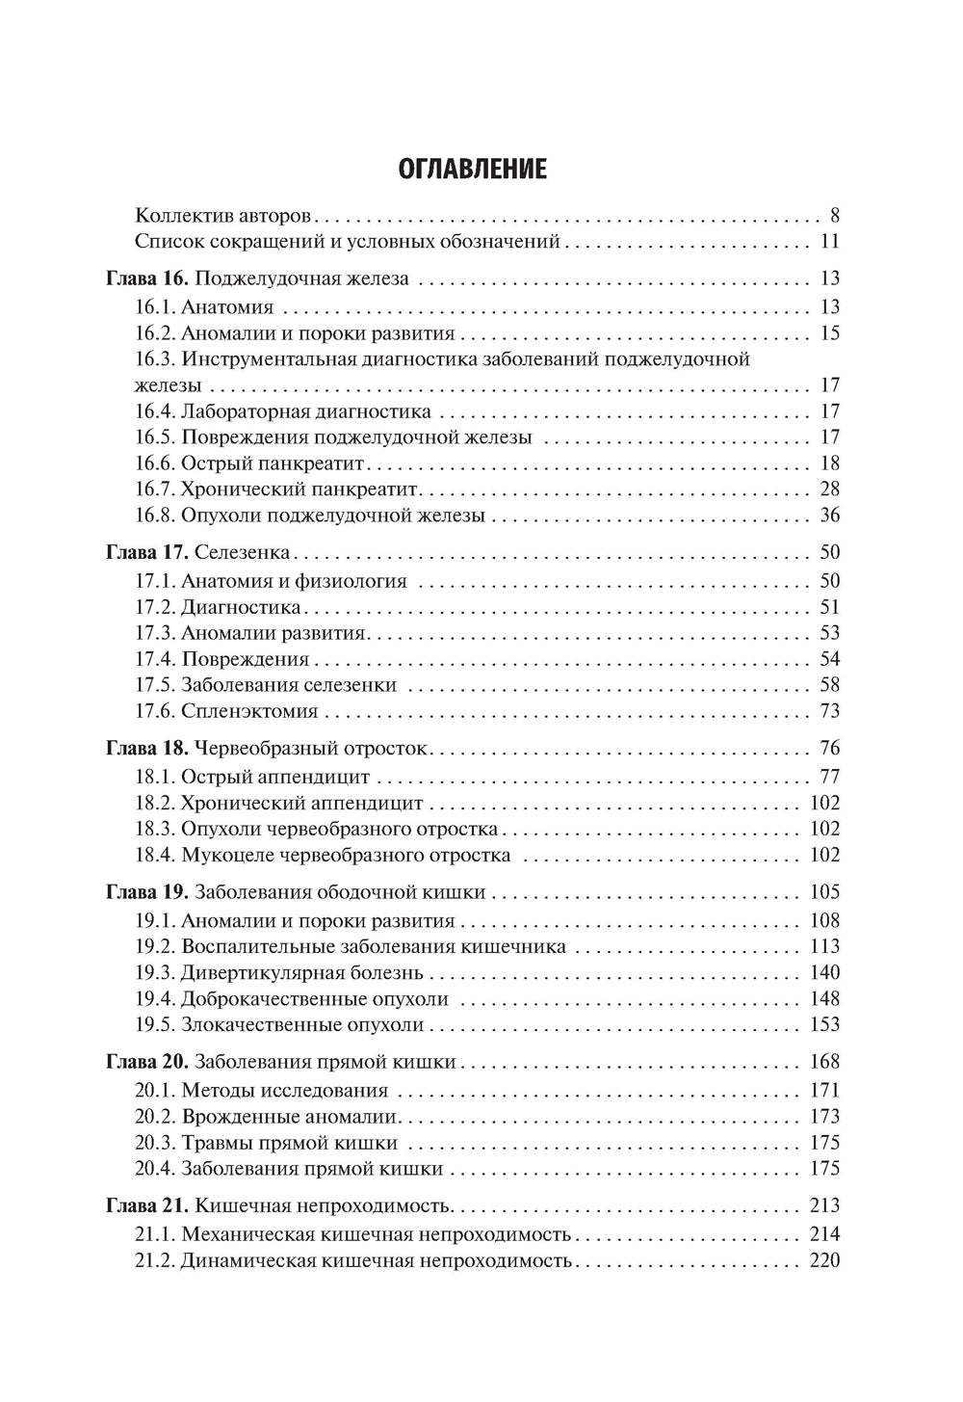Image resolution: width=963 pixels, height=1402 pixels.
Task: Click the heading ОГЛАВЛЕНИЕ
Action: pos(472,170)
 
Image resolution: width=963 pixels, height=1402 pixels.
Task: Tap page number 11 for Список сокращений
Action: pos(829,241)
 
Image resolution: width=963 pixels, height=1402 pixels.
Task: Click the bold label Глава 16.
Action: pos(146,278)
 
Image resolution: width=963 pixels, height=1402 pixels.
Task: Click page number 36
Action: pos(829,515)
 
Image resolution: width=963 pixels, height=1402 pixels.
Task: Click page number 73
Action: pos(829,711)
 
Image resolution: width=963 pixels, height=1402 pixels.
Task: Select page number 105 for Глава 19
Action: pos(825,892)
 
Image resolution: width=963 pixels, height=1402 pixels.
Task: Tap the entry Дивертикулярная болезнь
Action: pos(301,972)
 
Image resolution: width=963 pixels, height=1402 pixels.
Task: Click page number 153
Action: pos(825,1024)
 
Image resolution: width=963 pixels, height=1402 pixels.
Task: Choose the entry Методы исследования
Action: pos(284,1091)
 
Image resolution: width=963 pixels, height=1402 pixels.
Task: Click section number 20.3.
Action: pos(155,1143)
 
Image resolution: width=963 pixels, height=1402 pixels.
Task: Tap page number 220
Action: pos(825,1260)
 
